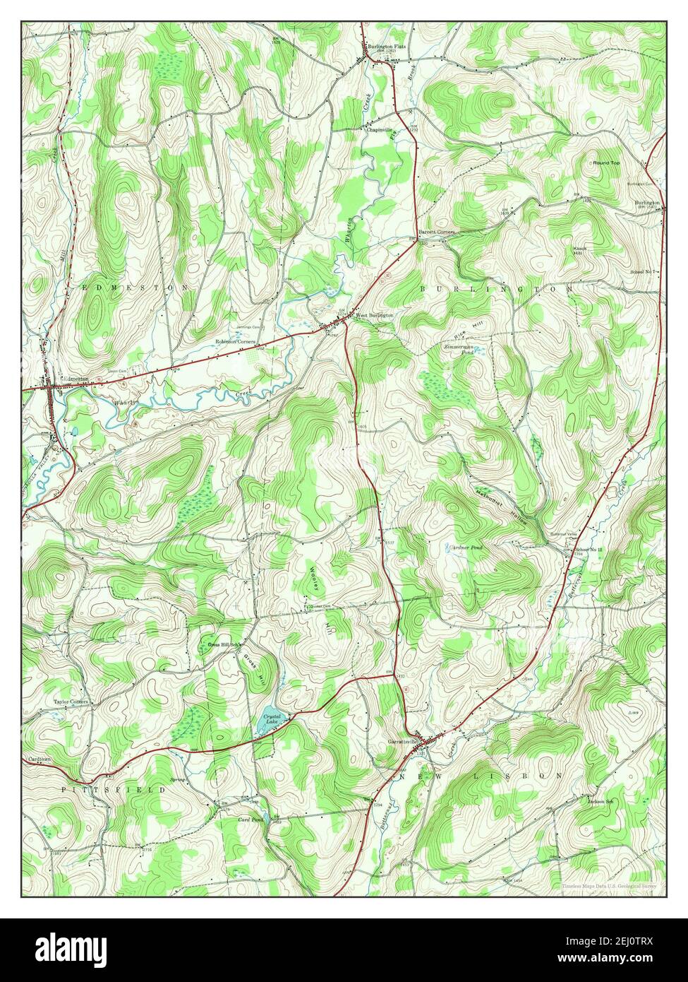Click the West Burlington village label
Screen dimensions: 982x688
374,315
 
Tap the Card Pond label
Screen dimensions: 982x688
251,820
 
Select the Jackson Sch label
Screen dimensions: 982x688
600,800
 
